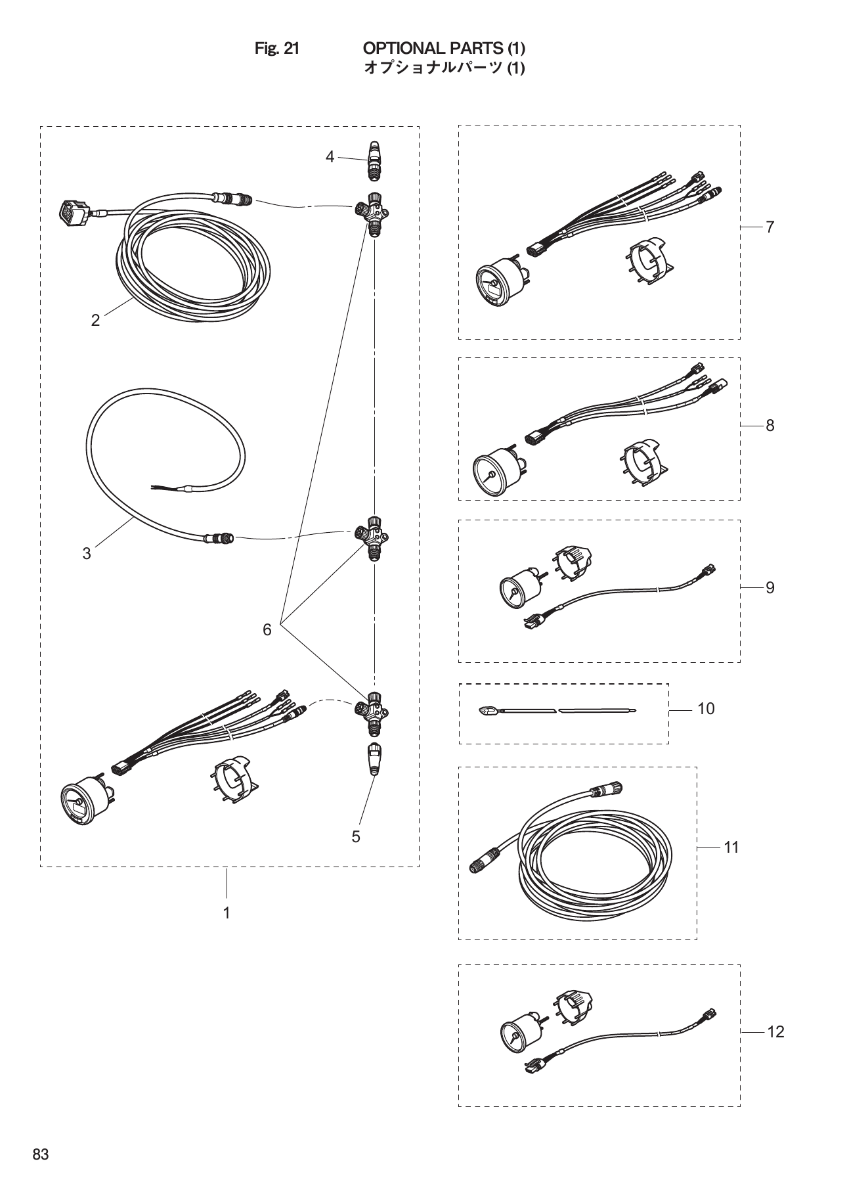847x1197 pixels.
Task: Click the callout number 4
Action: (x=330, y=156)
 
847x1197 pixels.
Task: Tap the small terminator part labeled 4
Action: (x=374, y=160)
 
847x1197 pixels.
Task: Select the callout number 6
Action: (x=267, y=630)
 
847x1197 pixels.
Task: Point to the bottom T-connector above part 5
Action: (x=372, y=712)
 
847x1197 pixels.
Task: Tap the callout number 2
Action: (x=96, y=320)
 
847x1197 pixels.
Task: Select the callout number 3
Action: (x=87, y=554)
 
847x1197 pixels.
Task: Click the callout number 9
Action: (x=770, y=587)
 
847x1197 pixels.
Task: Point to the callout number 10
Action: (x=706, y=709)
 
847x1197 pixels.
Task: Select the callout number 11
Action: (x=731, y=847)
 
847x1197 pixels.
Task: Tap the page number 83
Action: (x=41, y=1155)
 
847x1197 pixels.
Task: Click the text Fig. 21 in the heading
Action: (x=277, y=49)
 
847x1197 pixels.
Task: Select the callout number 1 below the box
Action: (x=227, y=913)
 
